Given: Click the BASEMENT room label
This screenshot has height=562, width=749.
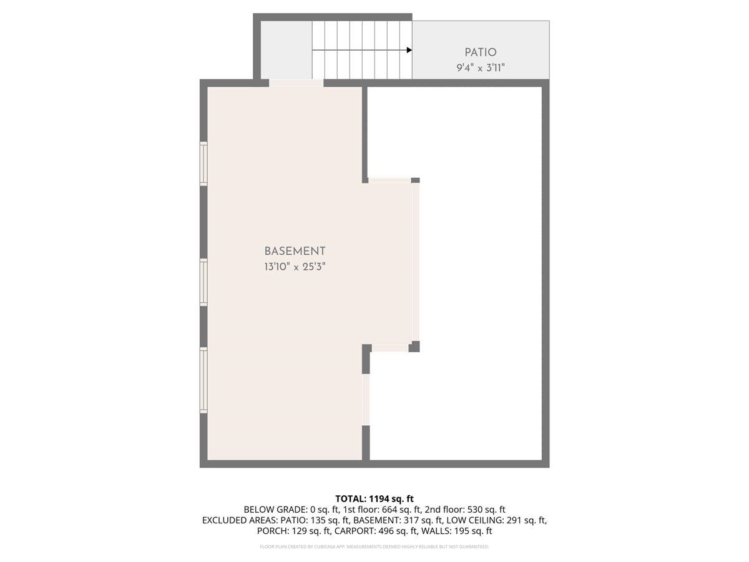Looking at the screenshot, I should (x=295, y=251).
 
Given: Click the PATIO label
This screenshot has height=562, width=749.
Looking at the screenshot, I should (x=481, y=52).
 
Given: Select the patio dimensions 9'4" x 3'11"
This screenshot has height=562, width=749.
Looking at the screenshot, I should (x=481, y=67).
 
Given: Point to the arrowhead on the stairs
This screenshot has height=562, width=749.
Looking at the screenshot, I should (x=409, y=50).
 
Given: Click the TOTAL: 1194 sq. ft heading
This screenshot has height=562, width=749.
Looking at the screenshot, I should (x=374, y=498).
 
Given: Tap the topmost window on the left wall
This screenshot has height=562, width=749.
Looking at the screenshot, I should (x=203, y=164).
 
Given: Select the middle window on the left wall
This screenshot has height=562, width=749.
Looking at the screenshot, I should (x=203, y=282).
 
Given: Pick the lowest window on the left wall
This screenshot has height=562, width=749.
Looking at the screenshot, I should (x=203, y=380).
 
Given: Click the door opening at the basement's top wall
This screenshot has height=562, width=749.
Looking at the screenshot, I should (x=296, y=83).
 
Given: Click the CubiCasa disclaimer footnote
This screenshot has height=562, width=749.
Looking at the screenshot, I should (x=374, y=547).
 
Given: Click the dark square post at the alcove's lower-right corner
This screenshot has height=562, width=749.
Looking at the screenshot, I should (x=414, y=347).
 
